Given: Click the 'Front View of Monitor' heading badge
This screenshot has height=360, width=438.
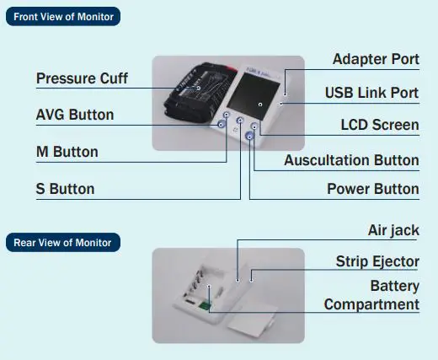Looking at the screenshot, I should (x=63, y=17).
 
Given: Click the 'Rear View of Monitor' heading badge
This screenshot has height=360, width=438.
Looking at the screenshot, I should (x=62, y=243).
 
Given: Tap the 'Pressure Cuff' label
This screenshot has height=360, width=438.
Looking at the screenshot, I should (x=82, y=79).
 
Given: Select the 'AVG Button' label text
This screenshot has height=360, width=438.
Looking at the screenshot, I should (x=75, y=115).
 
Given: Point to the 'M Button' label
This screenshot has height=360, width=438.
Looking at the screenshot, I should (x=67, y=153).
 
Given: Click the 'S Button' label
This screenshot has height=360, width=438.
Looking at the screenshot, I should (x=65, y=189).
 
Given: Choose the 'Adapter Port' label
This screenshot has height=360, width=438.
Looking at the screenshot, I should (x=375, y=60).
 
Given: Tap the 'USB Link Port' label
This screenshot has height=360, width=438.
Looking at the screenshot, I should (x=371, y=92).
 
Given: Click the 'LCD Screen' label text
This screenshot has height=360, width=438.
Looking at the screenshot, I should (x=379, y=125).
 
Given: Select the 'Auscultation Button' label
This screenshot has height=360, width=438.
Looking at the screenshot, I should (x=351, y=160).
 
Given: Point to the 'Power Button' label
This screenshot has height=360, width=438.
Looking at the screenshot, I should (x=372, y=189).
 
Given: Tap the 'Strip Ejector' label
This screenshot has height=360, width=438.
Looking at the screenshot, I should (x=377, y=262).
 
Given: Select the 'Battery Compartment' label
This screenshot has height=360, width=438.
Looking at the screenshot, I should (x=371, y=296).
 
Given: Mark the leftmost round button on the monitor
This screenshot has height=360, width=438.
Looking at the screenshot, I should (x=222, y=125).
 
